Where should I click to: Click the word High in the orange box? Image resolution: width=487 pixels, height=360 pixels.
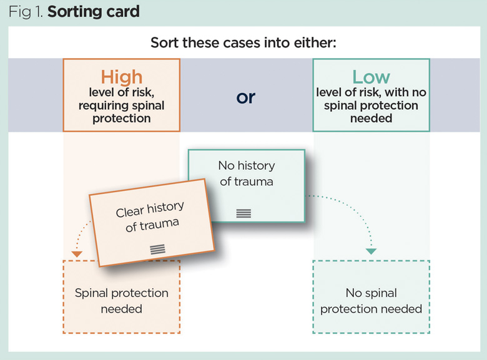(121, 77)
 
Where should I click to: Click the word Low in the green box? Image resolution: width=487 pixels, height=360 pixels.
(371, 77)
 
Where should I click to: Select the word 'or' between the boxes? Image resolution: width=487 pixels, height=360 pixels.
(246, 98)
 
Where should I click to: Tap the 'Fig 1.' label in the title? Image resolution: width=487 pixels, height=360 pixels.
(26, 11)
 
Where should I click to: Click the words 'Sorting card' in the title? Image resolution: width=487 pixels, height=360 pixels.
(94, 11)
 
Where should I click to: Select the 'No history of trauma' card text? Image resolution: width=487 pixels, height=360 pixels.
(246, 173)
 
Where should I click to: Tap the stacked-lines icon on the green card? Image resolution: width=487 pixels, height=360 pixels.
(243, 213)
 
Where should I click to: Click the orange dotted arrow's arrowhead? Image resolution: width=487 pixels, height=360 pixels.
(77, 253)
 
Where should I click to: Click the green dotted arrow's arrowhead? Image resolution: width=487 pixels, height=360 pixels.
(371, 251)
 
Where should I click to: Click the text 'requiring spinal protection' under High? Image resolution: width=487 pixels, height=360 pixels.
(121, 112)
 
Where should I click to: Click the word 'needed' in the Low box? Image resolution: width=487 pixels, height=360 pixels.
(371, 118)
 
